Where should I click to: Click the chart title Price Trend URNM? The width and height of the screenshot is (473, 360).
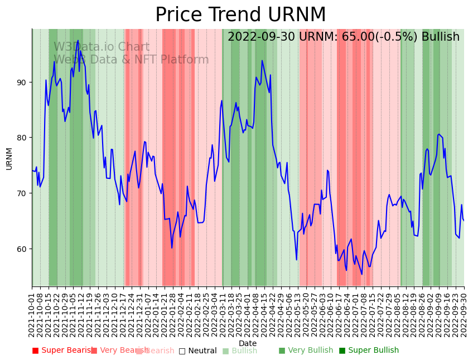click(240, 15)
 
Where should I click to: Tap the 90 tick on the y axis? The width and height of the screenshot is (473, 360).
click(21, 82)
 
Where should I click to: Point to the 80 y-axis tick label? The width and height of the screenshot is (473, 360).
click(21, 138)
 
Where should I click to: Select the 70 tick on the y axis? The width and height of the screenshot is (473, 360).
click(21, 193)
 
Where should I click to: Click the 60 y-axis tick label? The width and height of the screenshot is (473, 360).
click(21, 249)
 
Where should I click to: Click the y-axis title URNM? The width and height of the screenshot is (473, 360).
click(9, 158)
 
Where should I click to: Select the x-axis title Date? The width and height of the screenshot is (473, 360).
click(248, 343)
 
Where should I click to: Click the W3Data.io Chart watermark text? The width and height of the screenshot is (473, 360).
click(102, 47)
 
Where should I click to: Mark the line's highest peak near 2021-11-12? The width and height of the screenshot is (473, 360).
click(78, 41)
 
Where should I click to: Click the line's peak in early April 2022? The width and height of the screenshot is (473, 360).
click(262, 61)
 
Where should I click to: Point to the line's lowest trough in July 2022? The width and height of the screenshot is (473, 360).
click(361, 274)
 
